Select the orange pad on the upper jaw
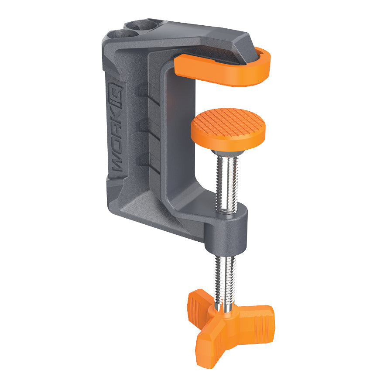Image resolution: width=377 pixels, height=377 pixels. coord(223,70)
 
